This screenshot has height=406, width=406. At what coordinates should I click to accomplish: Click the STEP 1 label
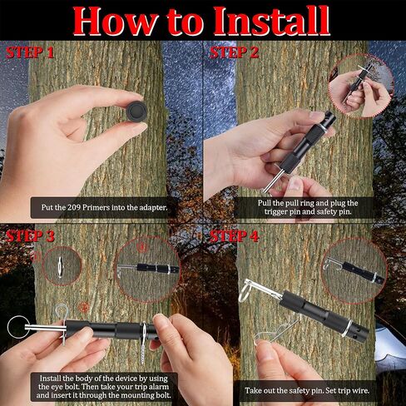30,52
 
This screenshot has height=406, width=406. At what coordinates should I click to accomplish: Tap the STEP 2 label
235,52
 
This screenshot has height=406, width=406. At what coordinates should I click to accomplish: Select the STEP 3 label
30,236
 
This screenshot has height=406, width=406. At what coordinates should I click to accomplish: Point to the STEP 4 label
235,236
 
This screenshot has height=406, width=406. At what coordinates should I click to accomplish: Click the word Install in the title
271,21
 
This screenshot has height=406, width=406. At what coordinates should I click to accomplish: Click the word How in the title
115,22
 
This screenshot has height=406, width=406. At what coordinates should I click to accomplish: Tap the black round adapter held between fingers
136,111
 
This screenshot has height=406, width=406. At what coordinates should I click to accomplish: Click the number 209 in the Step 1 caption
73,207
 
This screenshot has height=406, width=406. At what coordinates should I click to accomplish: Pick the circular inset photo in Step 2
361,86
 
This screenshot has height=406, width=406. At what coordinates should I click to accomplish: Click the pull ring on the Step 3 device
17,327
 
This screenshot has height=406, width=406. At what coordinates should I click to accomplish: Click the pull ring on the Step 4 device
245,291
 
